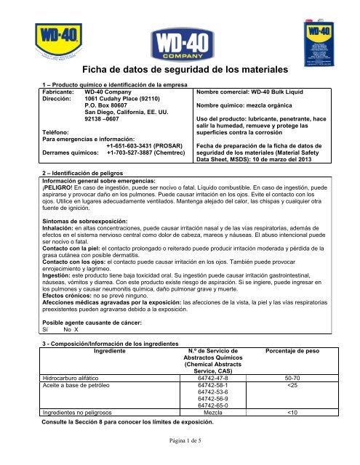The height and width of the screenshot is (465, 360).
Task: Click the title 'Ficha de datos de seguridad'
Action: (178, 71)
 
